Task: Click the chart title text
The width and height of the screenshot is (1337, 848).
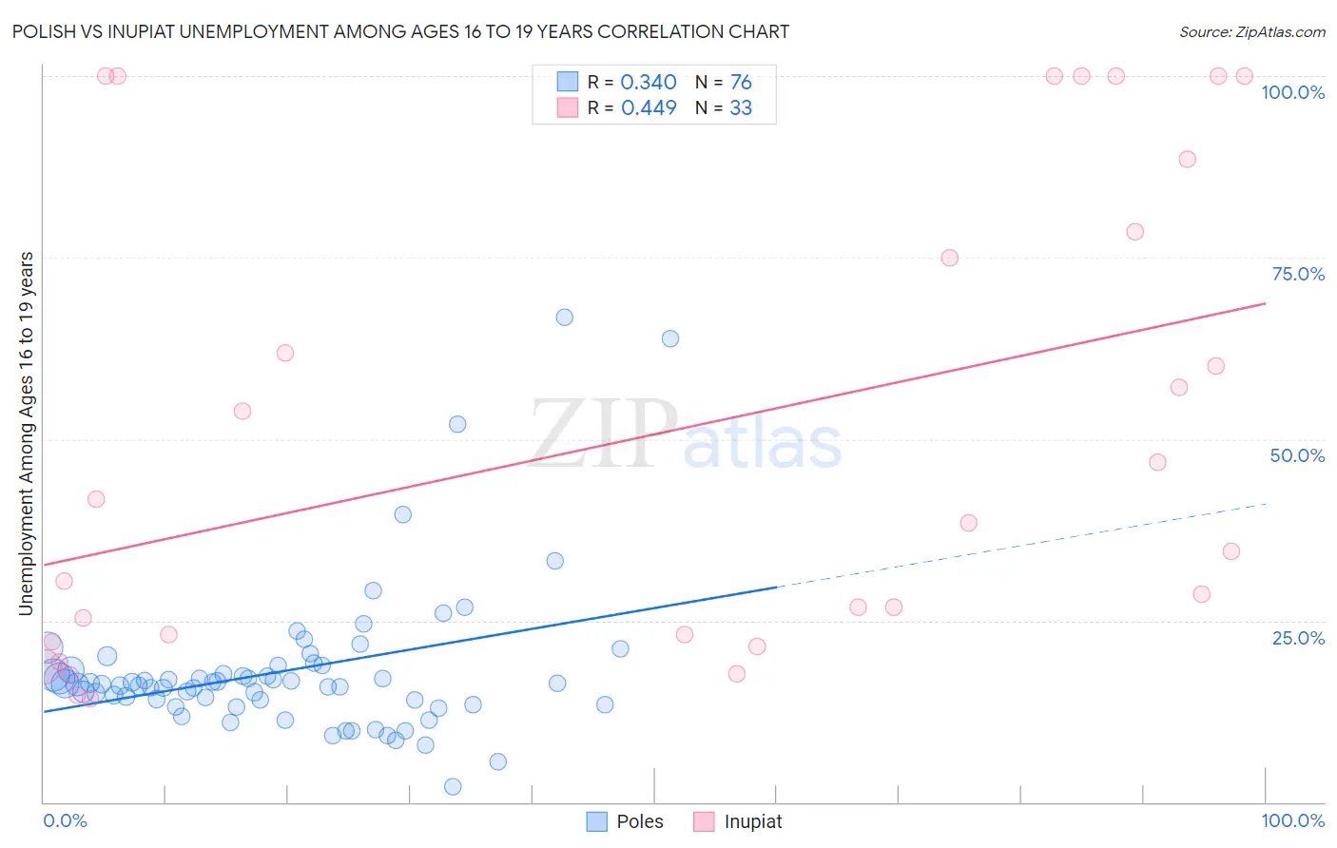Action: tap(400, 31)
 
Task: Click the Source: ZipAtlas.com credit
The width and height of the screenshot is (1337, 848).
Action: tap(1251, 31)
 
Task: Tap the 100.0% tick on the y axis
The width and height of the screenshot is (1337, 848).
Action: tap(1292, 92)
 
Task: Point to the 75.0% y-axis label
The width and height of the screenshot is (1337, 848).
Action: tap(1298, 274)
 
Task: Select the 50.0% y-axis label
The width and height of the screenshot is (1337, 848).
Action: tap(1297, 455)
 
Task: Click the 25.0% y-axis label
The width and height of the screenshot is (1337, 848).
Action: tap(1298, 638)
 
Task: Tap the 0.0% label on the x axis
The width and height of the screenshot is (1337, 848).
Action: tap(65, 820)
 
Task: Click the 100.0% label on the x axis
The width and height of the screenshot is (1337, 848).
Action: tap(1292, 820)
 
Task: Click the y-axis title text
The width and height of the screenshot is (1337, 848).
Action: tap(27, 434)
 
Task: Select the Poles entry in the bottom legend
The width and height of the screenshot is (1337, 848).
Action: tap(639, 821)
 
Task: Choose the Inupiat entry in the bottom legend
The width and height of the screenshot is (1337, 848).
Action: tap(752, 821)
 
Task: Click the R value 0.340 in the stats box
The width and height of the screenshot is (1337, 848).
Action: tap(649, 83)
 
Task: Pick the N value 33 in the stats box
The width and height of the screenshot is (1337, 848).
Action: tap(741, 108)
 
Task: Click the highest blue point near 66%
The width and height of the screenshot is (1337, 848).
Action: tap(565, 318)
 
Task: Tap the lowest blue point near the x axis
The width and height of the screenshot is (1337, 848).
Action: tap(453, 786)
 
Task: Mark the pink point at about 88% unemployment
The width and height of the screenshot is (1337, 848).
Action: tap(1187, 159)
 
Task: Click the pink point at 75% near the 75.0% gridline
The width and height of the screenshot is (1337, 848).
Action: tap(949, 258)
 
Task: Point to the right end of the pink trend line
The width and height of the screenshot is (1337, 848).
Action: tap(1265, 303)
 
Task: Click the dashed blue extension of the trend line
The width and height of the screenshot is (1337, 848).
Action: tap(1022, 543)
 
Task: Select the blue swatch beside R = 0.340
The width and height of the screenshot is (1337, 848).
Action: tap(568, 82)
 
